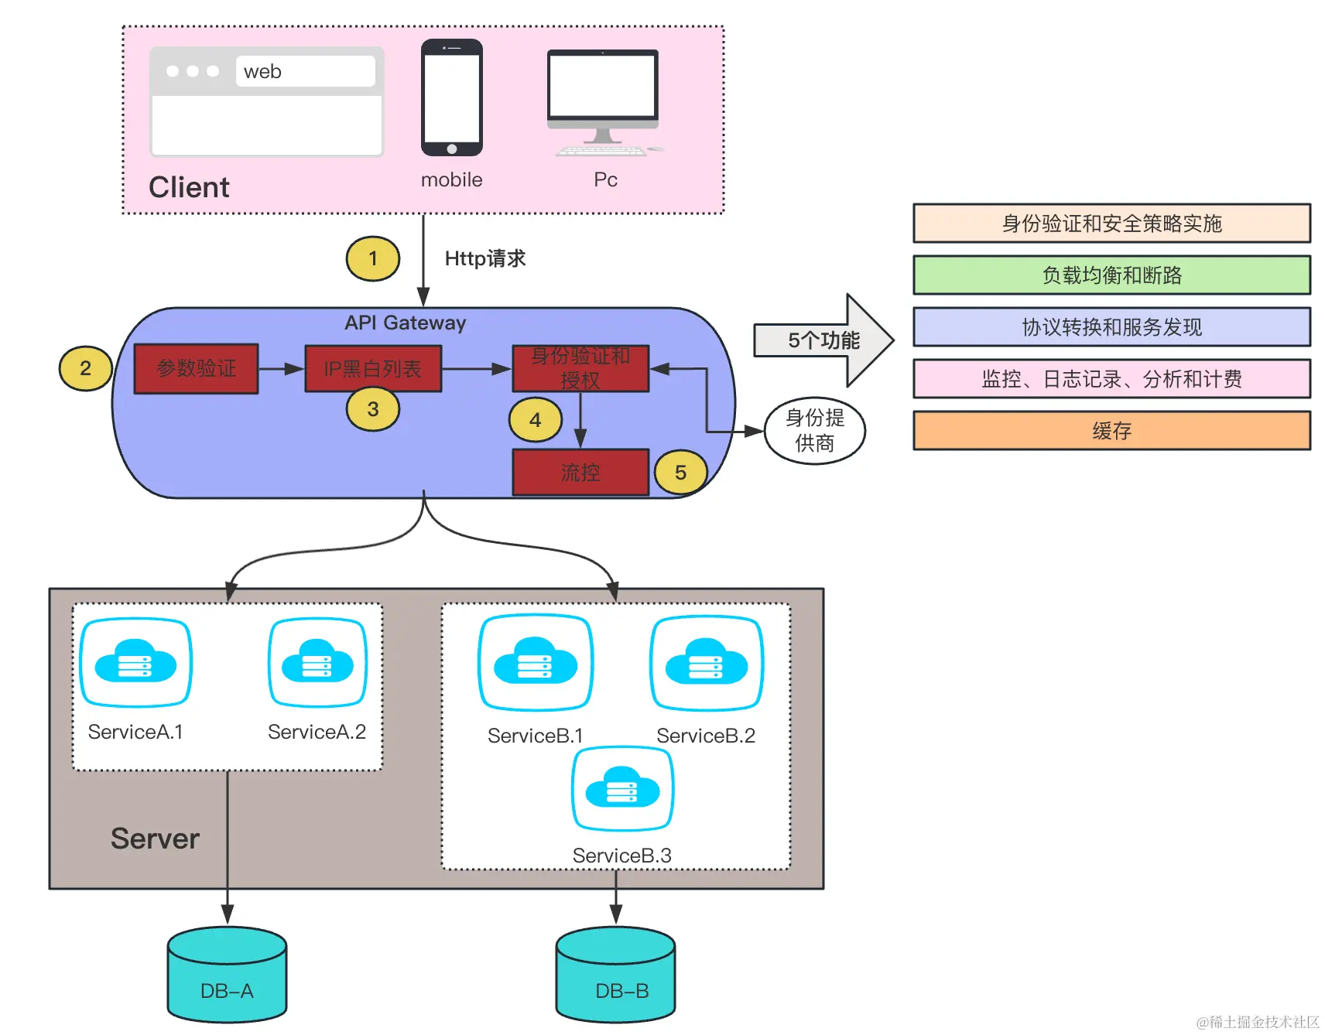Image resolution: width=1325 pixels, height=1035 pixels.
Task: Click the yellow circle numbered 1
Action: point(373,258)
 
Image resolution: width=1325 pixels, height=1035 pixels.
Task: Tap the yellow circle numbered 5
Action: point(680,473)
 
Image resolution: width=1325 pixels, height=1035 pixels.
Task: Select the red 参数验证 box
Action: point(197,369)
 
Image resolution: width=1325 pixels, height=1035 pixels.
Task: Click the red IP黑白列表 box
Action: point(373,369)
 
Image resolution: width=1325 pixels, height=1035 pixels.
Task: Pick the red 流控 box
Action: point(580,472)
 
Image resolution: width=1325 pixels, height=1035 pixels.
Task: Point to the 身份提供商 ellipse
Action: point(814,431)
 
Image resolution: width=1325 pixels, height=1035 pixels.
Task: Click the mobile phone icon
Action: point(452,97)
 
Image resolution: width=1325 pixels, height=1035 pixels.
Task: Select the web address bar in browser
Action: point(305,71)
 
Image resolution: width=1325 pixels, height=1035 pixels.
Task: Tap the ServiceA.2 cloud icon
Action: point(317,662)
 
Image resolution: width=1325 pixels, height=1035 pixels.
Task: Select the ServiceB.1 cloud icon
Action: point(536,662)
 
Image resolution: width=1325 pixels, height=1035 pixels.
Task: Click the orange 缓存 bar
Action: point(1111,431)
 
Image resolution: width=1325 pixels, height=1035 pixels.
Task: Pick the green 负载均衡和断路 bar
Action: point(1111,275)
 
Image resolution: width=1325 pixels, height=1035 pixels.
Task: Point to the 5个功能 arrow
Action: point(823,340)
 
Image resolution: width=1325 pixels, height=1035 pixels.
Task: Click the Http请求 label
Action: point(485,258)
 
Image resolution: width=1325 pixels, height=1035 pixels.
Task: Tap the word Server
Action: point(155,839)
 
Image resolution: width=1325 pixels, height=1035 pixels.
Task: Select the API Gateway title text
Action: point(405,323)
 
